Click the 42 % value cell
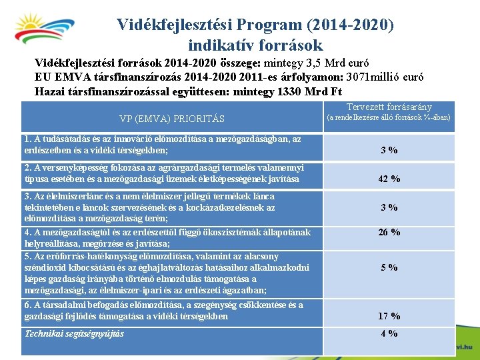(x=389, y=179)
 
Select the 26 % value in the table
(x=389, y=232)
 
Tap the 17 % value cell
(x=389, y=316)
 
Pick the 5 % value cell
(x=389, y=267)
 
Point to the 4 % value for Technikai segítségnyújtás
(x=389, y=333)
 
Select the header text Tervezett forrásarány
(x=389, y=107)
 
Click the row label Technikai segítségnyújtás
(x=74, y=333)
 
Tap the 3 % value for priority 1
(x=389, y=150)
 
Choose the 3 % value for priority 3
(x=389, y=207)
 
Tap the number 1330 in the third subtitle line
(x=283, y=91)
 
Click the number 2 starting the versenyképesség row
(x=27, y=168)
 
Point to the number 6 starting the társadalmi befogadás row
(x=27, y=305)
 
